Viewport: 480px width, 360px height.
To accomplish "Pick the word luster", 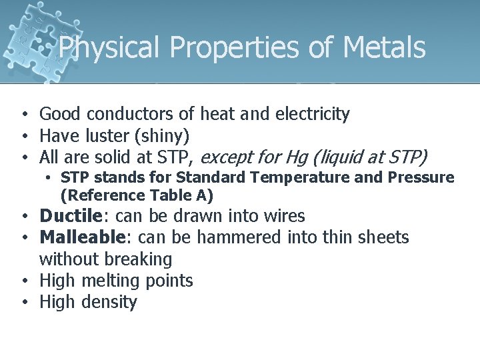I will click(109, 137).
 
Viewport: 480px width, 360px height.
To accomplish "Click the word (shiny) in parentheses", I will click(163, 137).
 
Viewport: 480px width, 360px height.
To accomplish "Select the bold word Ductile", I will click(68, 216).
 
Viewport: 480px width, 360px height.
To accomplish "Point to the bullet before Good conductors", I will click(23, 115).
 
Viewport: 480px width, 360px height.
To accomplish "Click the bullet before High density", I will click(23, 302).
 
